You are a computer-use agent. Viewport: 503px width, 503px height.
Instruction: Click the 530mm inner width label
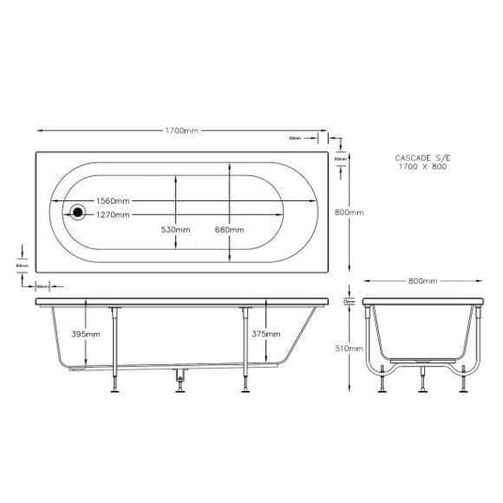pos(176,229)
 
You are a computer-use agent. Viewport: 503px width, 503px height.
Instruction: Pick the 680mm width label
pos(231,229)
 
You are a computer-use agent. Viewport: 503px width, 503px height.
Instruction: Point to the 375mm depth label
pos(266,334)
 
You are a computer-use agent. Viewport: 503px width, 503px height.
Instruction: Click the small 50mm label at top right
pos(295,139)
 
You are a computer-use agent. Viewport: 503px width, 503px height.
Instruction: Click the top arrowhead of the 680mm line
pos(230,166)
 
